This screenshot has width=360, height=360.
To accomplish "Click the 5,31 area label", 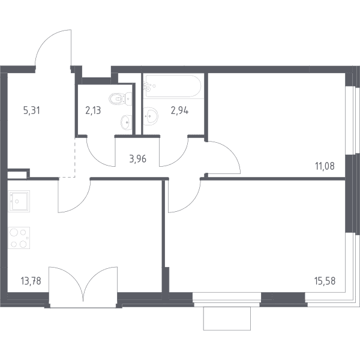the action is [32, 110].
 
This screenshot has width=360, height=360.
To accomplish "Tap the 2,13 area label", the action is [93, 110].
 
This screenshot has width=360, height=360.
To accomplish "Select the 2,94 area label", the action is [179, 110].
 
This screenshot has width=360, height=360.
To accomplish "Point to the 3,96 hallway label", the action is [138, 159].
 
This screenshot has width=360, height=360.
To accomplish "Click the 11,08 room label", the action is [325, 166].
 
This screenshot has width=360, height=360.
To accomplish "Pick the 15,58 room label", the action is [325, 281].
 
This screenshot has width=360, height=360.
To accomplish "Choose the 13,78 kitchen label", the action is [31, 281].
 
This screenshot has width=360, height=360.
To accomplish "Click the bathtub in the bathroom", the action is [173, 86].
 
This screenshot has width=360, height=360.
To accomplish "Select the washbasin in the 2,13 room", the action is [126, 122].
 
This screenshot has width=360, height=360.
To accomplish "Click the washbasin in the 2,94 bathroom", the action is [151, 116].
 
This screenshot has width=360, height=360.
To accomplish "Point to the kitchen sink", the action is [19, 202].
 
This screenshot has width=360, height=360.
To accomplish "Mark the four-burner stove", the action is [19, 238].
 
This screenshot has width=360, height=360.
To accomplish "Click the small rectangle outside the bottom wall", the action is [227, 319].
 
